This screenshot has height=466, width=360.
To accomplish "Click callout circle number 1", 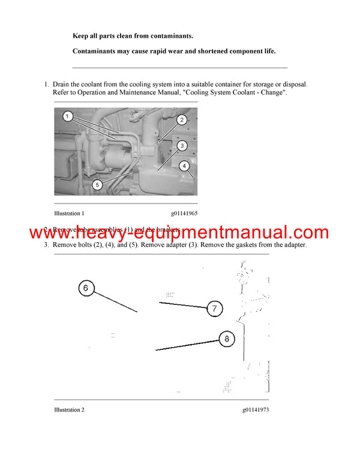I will [68, 115].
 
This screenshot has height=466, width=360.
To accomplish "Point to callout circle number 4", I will [185, 165].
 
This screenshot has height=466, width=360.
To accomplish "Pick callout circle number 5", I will [97, 185].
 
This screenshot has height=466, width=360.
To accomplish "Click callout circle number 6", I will [86, 289].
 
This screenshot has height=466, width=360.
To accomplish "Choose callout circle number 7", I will [214, 309].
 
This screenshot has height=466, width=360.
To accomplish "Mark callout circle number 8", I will [226, 339].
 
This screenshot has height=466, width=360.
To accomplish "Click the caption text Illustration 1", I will [69, 213].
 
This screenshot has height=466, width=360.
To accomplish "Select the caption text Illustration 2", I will [69, 410].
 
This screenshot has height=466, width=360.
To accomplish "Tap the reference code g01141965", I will [184, 213].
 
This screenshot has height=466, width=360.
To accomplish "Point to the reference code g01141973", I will [256, 410].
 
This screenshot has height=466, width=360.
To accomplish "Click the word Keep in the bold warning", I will [81, 37].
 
